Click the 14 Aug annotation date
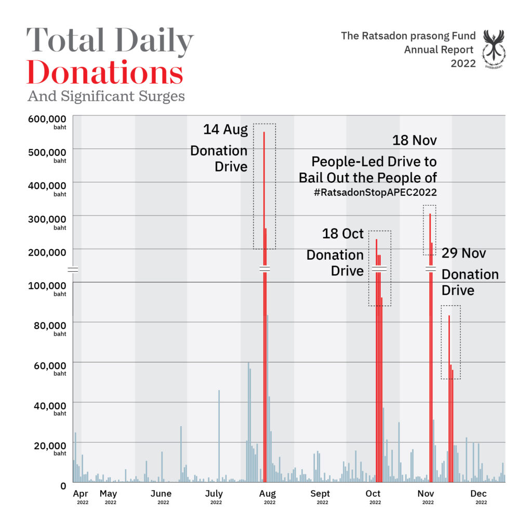tap(225, 129)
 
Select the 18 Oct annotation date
tap(343, 234)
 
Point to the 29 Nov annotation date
tap(464, 253)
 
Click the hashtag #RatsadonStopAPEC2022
tap(375, 192)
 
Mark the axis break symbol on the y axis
tap(73, 269)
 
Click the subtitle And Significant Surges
tap(106, 97)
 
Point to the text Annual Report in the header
tap(439, 50)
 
